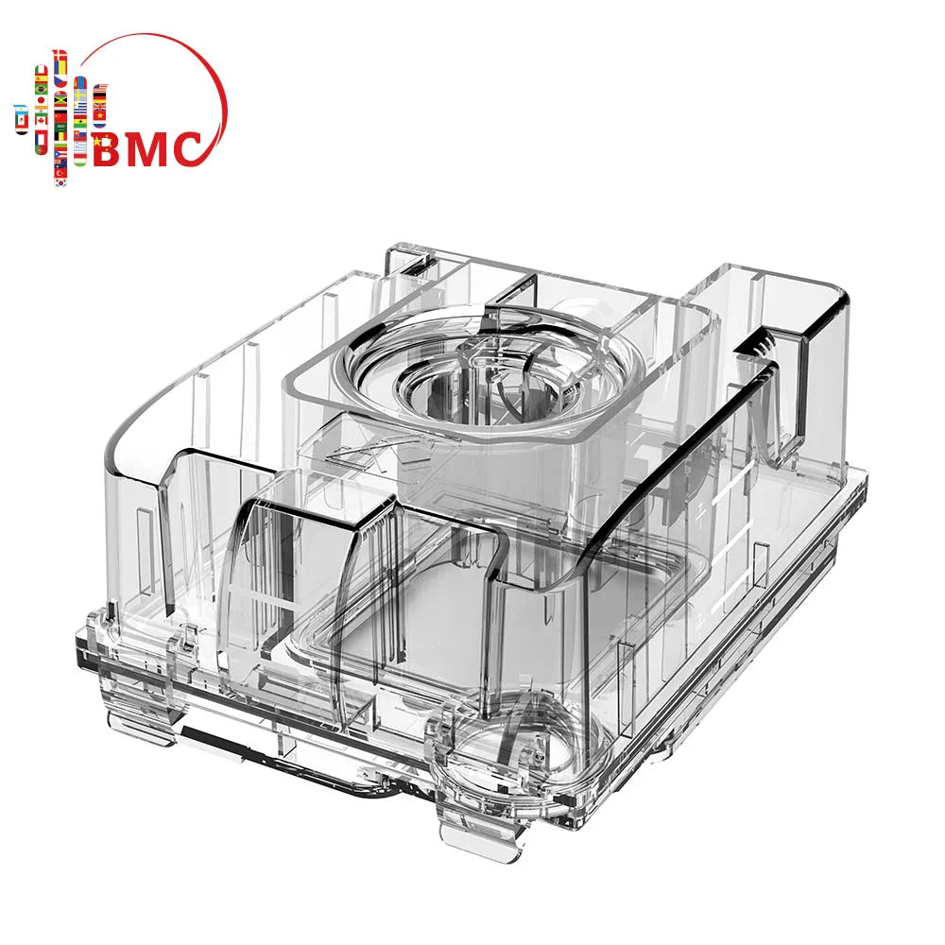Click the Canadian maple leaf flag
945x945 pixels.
coord(41,121)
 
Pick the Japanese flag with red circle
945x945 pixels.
coord(41,100)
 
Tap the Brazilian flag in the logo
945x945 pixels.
coord(41,89)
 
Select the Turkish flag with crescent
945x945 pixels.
coord(60,174)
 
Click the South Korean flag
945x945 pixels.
coord(60,183)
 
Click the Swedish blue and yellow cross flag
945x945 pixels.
coord(79,95)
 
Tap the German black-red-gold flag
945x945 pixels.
coord(99,96)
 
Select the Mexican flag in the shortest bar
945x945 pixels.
coord(22,120)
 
